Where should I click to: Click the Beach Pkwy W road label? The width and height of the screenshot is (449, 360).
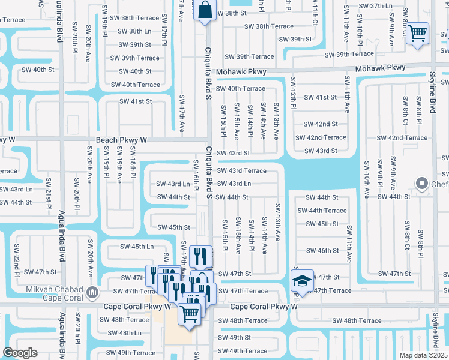121,140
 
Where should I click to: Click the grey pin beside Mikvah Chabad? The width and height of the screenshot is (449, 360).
92,293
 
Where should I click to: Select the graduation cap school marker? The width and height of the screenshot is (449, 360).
300,280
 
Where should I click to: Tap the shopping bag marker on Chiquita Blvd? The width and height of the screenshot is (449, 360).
205,10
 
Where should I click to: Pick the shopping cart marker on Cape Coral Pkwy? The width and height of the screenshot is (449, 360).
190,313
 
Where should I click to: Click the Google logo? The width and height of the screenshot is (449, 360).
20,353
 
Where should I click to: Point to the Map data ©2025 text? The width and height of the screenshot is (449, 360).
424,355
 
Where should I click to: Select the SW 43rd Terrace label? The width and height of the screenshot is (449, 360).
242,171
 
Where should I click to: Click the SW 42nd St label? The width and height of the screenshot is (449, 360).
321,124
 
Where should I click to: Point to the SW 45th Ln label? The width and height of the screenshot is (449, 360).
137,246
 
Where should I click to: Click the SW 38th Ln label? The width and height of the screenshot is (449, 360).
131,31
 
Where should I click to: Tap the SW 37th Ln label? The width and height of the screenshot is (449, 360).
376,6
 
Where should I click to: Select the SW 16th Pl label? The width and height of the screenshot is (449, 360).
196,174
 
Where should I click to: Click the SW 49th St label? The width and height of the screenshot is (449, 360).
234,338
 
